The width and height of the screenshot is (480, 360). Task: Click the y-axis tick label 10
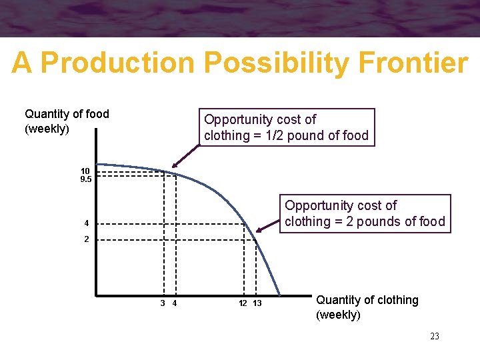point(85,171)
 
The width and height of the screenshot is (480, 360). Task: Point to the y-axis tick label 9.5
point(85,179)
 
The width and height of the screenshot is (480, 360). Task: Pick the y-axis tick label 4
point(86,223)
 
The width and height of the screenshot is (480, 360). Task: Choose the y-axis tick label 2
point(86,239)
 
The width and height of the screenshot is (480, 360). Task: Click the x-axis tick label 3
point(163,303)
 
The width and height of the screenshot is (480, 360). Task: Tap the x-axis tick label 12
point(243,303)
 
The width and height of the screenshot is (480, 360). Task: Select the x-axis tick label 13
point(257,303)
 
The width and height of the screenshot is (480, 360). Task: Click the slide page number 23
point(434,336)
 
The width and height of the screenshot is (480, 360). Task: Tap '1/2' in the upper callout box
point(274,135)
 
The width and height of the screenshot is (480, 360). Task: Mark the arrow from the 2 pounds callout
point(267,224)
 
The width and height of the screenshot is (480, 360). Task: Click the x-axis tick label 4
point(174,303)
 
